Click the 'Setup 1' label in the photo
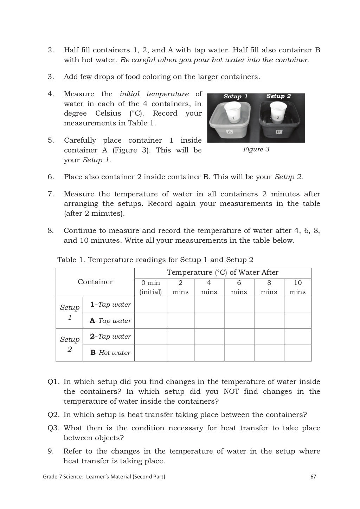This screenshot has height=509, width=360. (236, 97)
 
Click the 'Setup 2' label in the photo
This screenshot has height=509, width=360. (278, 96)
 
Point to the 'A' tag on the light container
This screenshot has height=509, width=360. (230, 132)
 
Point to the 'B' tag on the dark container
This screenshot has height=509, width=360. (278, 132)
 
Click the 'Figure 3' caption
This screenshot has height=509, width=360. (256, 149)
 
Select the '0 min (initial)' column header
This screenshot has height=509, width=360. (150, 287)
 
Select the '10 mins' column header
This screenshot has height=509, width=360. (297, 287)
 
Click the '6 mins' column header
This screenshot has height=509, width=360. (239, 287)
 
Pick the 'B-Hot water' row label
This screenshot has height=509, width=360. (110, 353)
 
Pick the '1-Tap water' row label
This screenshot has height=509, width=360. (110, 305)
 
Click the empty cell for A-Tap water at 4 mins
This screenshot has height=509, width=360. (209, 321)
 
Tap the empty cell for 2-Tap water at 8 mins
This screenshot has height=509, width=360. (269, 337)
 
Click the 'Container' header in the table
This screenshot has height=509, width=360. (95, 282)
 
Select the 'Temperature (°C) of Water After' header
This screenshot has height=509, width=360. (222, 273)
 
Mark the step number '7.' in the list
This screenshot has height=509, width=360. (51, 194)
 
